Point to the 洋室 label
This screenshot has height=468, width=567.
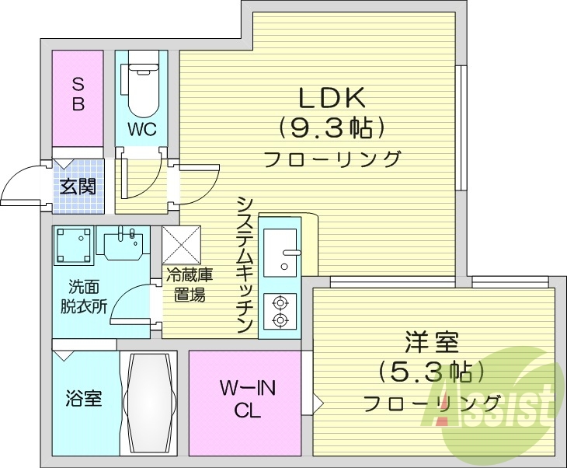coord(431,343)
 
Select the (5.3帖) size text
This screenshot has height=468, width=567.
coord(431,372)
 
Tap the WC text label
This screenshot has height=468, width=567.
coord(142,129)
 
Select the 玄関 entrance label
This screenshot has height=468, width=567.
coord(78,187)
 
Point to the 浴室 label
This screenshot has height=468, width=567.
coord(82,400)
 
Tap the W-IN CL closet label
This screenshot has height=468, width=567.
coord(245,398)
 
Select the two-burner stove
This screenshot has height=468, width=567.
coord(280,310)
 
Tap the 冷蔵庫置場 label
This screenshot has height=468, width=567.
coord(188,285)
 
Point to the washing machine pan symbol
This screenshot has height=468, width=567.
coord(74,246)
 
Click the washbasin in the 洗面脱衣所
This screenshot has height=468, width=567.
coord(124,245)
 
